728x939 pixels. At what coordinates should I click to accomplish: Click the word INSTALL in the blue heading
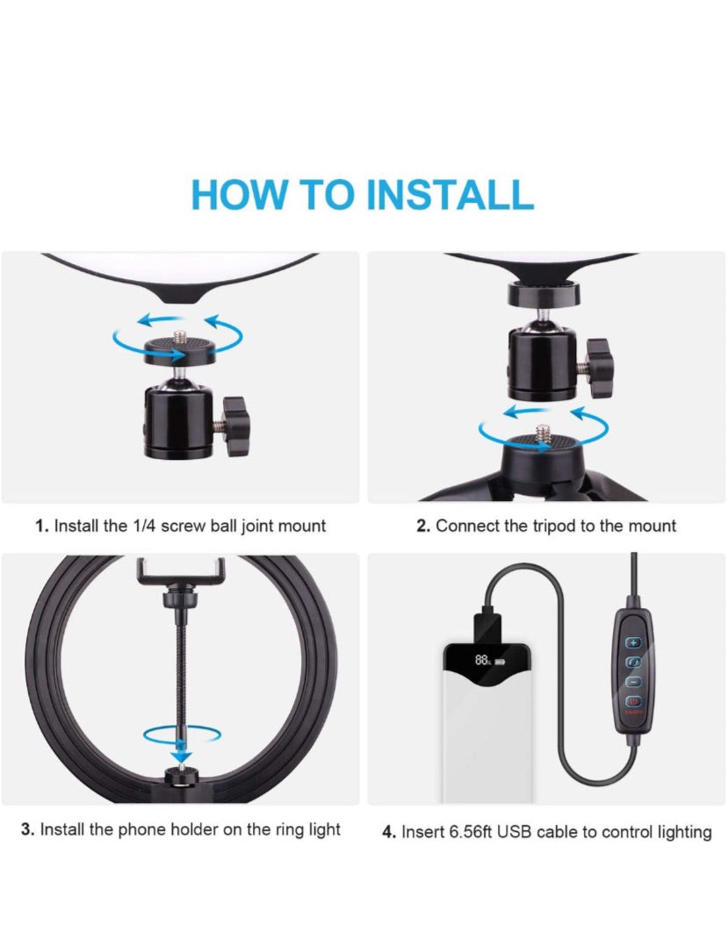point(450,194)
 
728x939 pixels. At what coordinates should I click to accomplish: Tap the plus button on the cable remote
point(633,642)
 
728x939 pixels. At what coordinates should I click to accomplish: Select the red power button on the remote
point(633,700)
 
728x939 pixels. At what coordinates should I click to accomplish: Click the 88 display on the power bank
point(483,660)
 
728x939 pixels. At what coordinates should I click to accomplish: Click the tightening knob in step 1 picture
point(234,426)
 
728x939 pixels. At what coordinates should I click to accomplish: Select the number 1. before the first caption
point(41,526)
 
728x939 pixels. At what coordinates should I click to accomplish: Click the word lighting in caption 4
point(685,833)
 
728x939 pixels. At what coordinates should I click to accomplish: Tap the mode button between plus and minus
point(633,662)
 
